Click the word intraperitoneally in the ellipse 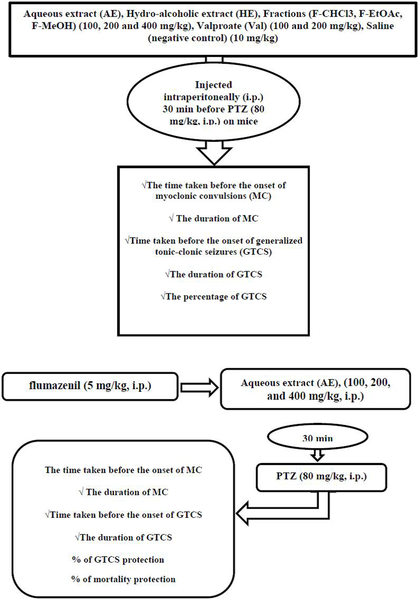click(201, 97)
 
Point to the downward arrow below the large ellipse click(214, 154)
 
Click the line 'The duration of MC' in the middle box click(214, 218)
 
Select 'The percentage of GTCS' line click(214, 297)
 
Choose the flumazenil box click(90, 386)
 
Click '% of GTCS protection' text click(118, 560)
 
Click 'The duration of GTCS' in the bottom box click(123, 537)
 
